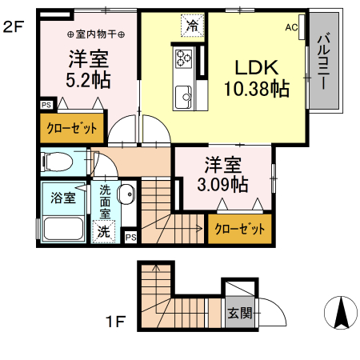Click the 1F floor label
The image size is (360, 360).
(x=117, y=322)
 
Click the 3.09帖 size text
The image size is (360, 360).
(x=223, y=185)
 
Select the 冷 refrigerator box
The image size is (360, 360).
(x=191, y=26)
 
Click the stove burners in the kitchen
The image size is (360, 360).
(x=184, y=58)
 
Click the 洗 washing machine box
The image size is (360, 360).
(x=105, y=232)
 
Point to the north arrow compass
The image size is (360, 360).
(x=340, y=312)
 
